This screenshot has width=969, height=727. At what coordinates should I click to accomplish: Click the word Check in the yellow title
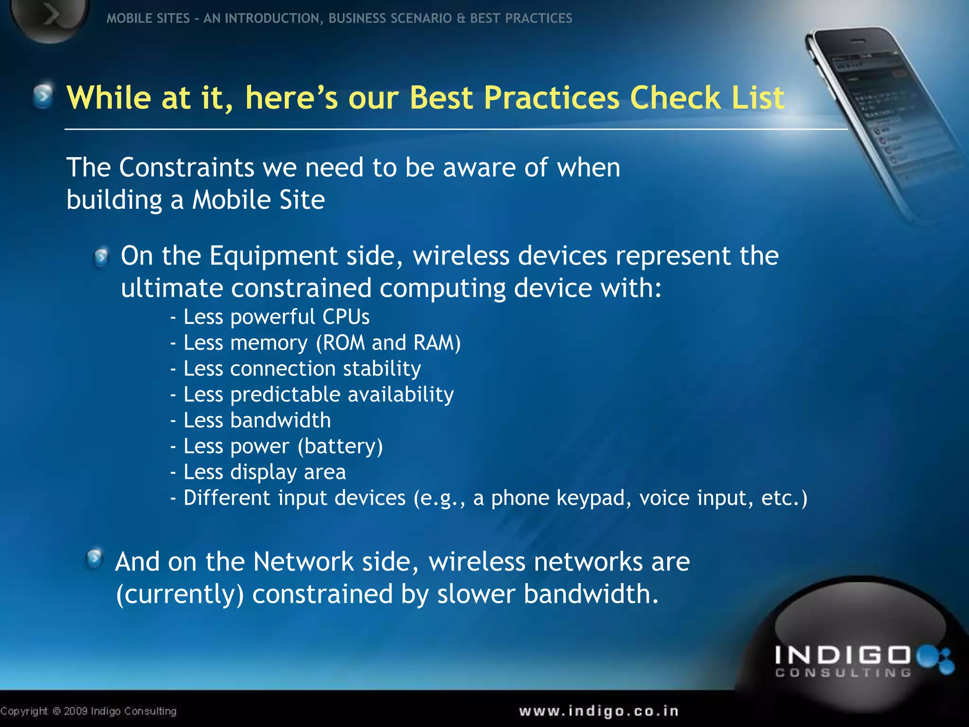tap(675, 98)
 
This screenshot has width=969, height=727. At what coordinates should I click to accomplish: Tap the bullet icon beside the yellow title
tap(44, 96)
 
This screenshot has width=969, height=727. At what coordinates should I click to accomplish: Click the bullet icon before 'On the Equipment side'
tap(101, 257)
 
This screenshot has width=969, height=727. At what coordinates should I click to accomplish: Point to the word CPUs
tap(345, 317)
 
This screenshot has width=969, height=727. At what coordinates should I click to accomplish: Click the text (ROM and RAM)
tap(388, 343)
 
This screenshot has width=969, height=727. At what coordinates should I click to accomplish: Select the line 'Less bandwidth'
tap(256, 420)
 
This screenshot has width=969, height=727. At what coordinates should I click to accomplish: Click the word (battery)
tap(340, 446)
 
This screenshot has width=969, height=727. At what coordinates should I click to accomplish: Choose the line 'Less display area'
tap(264, 472)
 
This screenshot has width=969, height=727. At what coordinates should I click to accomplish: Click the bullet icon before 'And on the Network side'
tap(95, 559)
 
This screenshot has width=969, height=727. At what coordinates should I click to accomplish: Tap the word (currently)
tap(180, 594)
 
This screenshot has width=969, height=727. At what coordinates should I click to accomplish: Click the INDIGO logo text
tap(842, 656)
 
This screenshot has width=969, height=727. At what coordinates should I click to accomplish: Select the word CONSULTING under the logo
tap(843, 673)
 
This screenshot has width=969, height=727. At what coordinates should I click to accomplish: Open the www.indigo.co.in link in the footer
tap(599, 711)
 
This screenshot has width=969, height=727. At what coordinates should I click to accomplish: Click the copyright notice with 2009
tap(88, 711)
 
